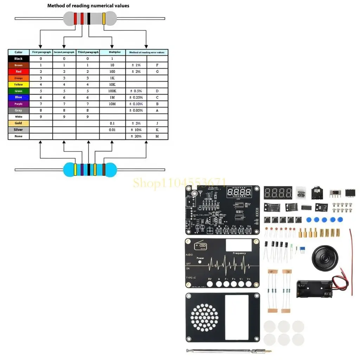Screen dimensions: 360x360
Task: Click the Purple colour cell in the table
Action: coord(19,104)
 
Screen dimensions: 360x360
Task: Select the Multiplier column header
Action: coord(112,52)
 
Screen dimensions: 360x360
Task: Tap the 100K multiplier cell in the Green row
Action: coord(112,91)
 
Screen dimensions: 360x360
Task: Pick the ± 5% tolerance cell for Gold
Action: coord(136,123)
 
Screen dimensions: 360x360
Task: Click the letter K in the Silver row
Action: coord(157,130)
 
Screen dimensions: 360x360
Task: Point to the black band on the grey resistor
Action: coord(89,19)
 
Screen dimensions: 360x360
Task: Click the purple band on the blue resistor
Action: coord(82,169)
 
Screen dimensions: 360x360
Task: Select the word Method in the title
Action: coord(56,6)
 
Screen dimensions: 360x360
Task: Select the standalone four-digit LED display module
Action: coord(278,193)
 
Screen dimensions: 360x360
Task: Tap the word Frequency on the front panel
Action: coord(239,253)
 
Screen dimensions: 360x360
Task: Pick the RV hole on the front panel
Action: coord(210,283)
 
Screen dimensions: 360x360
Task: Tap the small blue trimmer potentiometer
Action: coord(302,250)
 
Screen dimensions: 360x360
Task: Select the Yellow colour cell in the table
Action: coord(19,84)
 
